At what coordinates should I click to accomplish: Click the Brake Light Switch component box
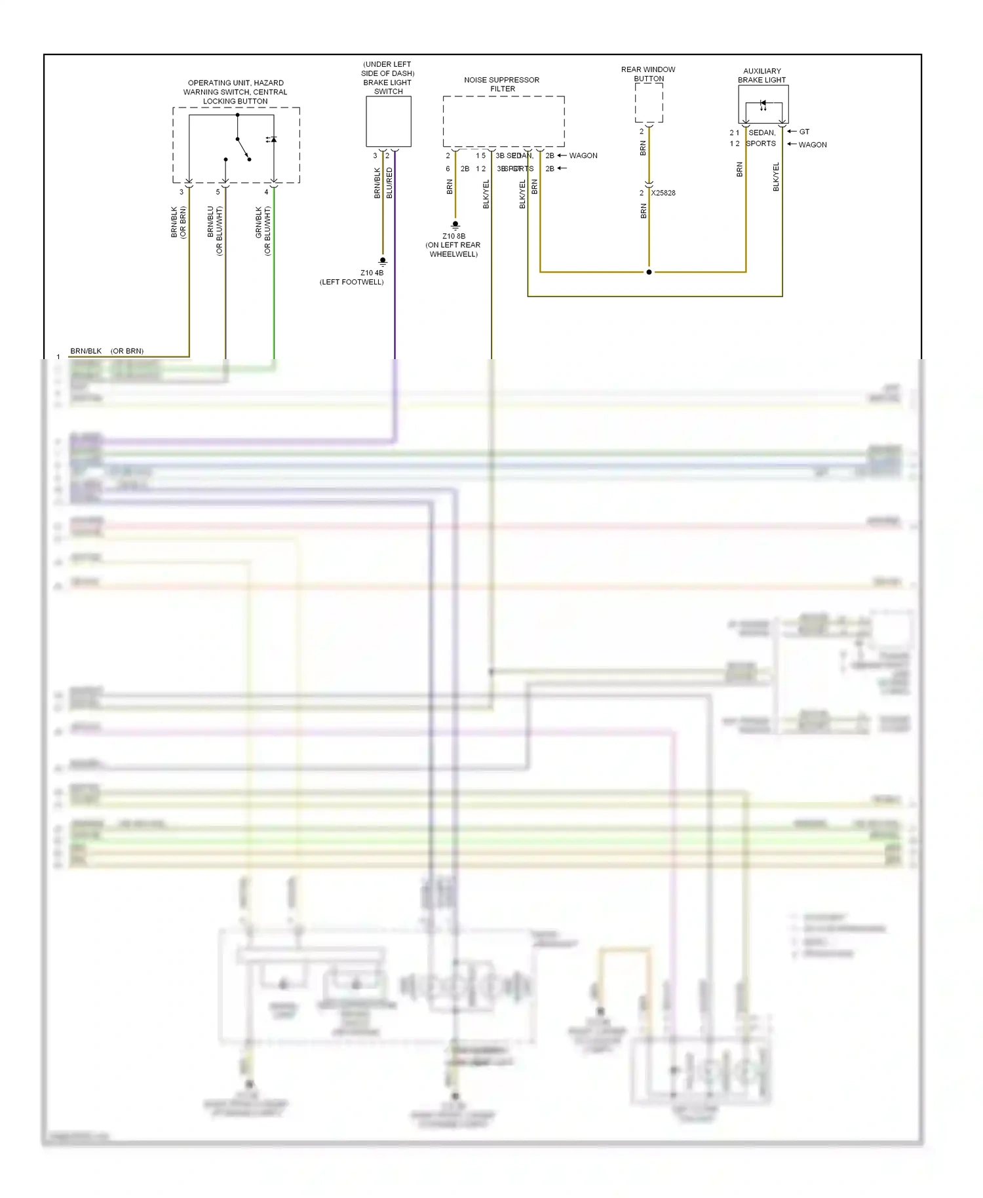click(388, 121)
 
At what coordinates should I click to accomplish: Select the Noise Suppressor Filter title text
click(502, 84)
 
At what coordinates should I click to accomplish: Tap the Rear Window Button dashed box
click(649, 103)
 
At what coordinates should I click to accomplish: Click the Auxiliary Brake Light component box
click(763, 104)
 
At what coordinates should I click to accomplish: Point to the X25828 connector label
click(663, 193)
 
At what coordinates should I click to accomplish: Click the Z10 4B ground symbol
click(383, 261)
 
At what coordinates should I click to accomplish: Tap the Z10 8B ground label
click(453, 236)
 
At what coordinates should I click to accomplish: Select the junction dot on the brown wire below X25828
click(649, 272)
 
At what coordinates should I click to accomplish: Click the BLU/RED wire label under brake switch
click(390, 183)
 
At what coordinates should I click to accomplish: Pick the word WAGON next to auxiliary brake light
click(813, 145)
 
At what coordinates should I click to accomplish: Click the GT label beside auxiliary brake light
click(804, 132)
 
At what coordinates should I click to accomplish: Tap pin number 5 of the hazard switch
click(218, 192)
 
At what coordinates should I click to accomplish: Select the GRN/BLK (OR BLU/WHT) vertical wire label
click(263, 231)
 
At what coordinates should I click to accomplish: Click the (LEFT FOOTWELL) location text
click(352, 282)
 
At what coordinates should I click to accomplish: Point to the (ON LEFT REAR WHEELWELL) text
click(453, 250)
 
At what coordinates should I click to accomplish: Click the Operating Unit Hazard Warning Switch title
click(235, 92)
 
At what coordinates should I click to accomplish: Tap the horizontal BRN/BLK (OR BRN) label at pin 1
click(107, 351)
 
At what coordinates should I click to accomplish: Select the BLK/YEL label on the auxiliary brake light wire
click(776, 177)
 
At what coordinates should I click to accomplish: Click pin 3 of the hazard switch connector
click(182, 192)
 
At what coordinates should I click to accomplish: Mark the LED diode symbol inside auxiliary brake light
click(763, 104)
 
